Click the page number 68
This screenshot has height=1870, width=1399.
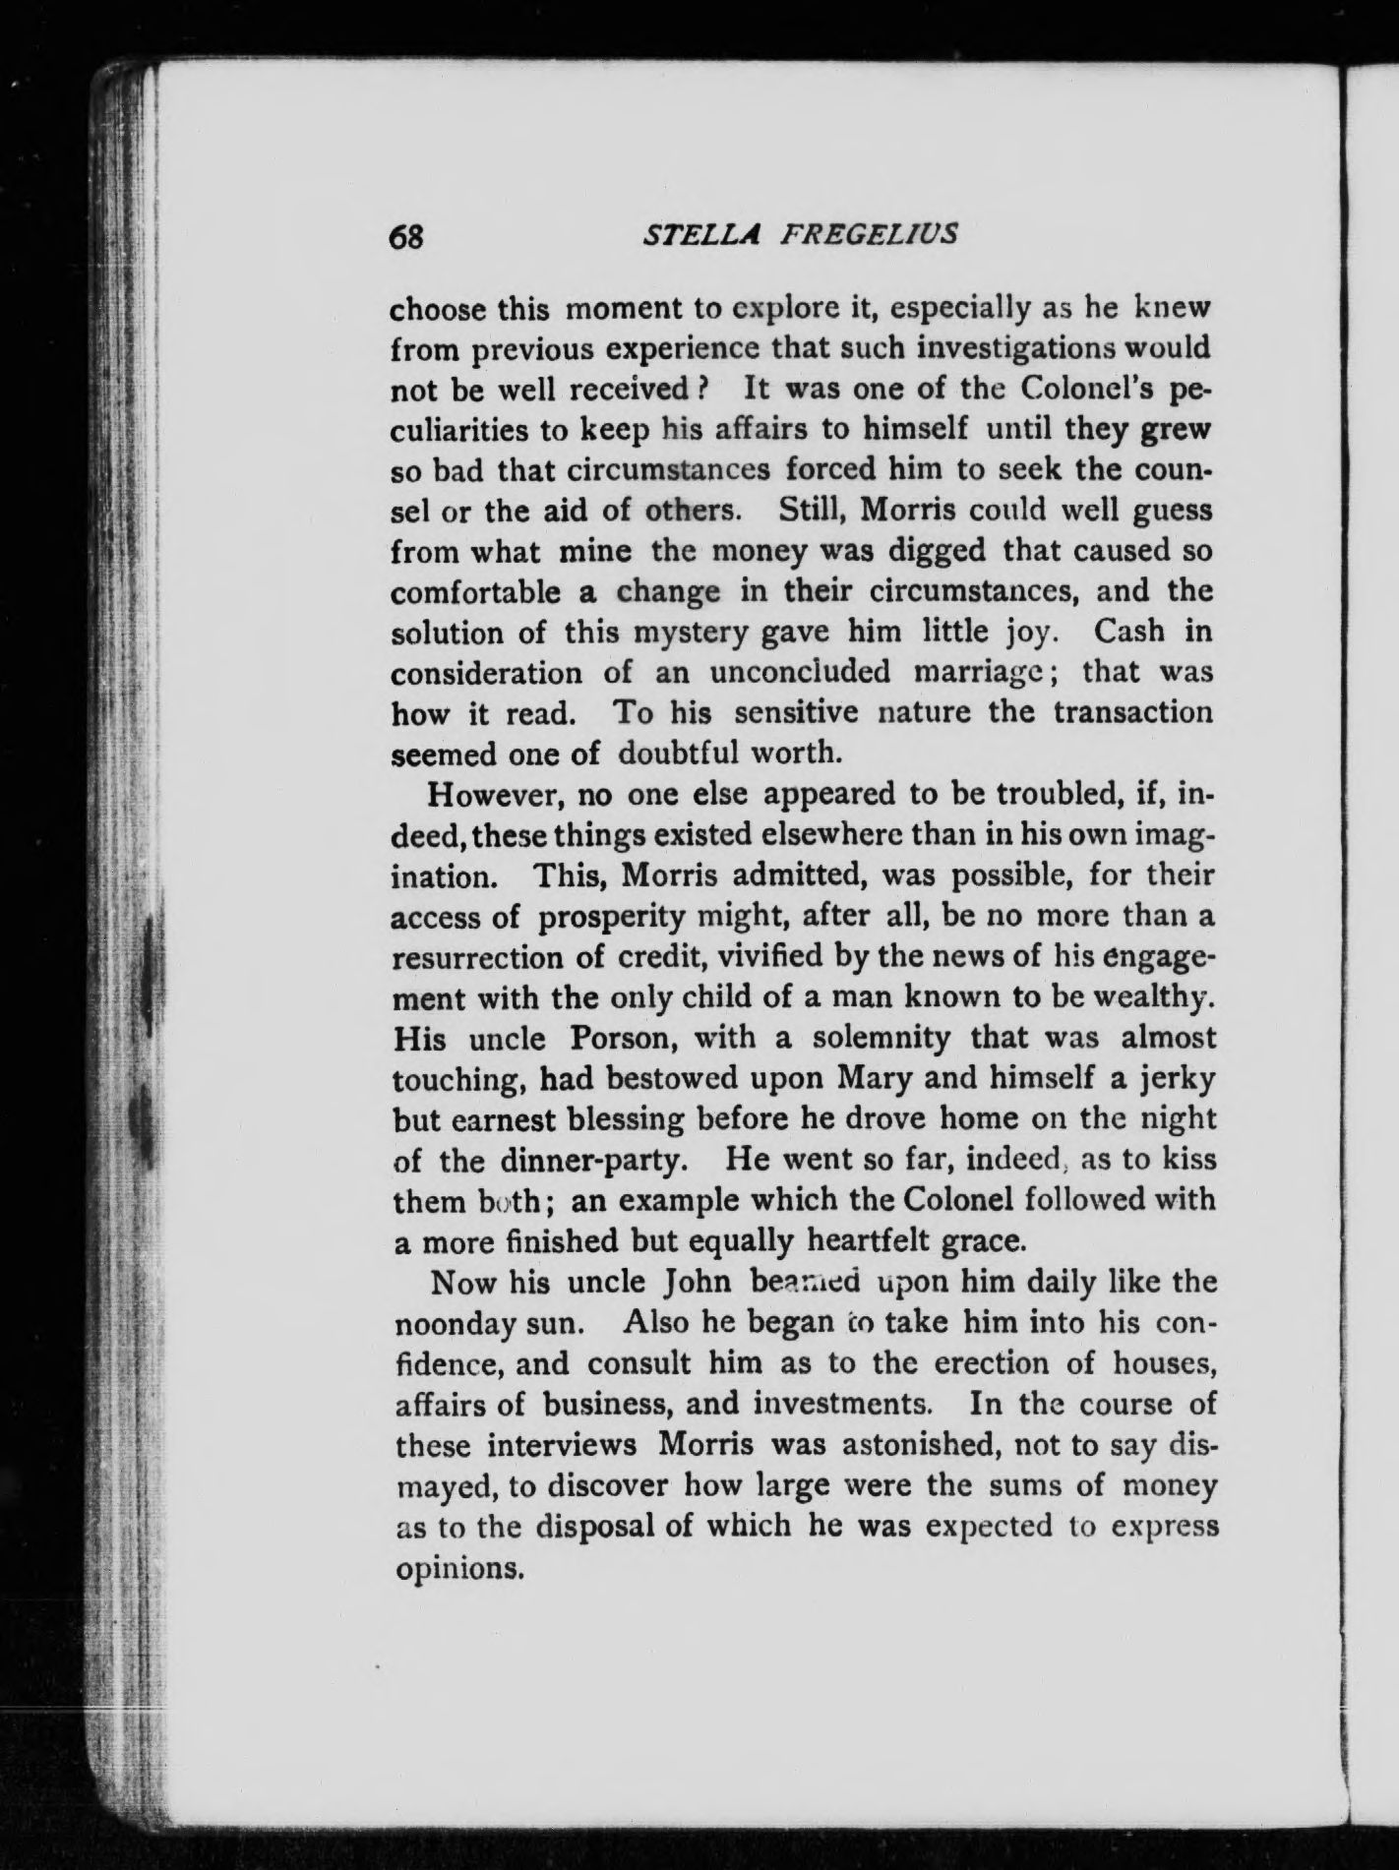point(406,237)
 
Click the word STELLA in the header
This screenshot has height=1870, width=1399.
point(690,236)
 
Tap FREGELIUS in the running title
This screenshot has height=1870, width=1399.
point(866,236)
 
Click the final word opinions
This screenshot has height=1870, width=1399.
point(456,1568)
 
